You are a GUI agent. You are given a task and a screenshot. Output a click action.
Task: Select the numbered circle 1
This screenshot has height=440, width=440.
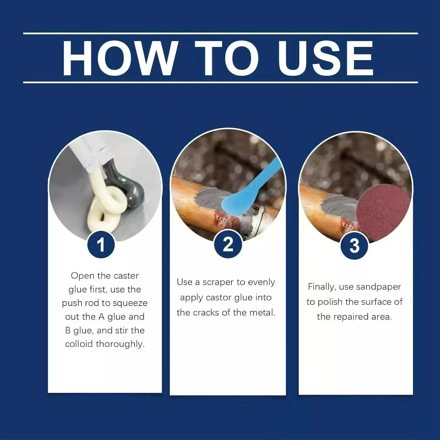click(x=101, y=245)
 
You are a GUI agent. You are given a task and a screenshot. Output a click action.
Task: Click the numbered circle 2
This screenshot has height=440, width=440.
click(x=228, y=245)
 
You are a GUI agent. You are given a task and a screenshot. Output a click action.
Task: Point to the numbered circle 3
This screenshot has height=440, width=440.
click(x=354, y=246)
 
